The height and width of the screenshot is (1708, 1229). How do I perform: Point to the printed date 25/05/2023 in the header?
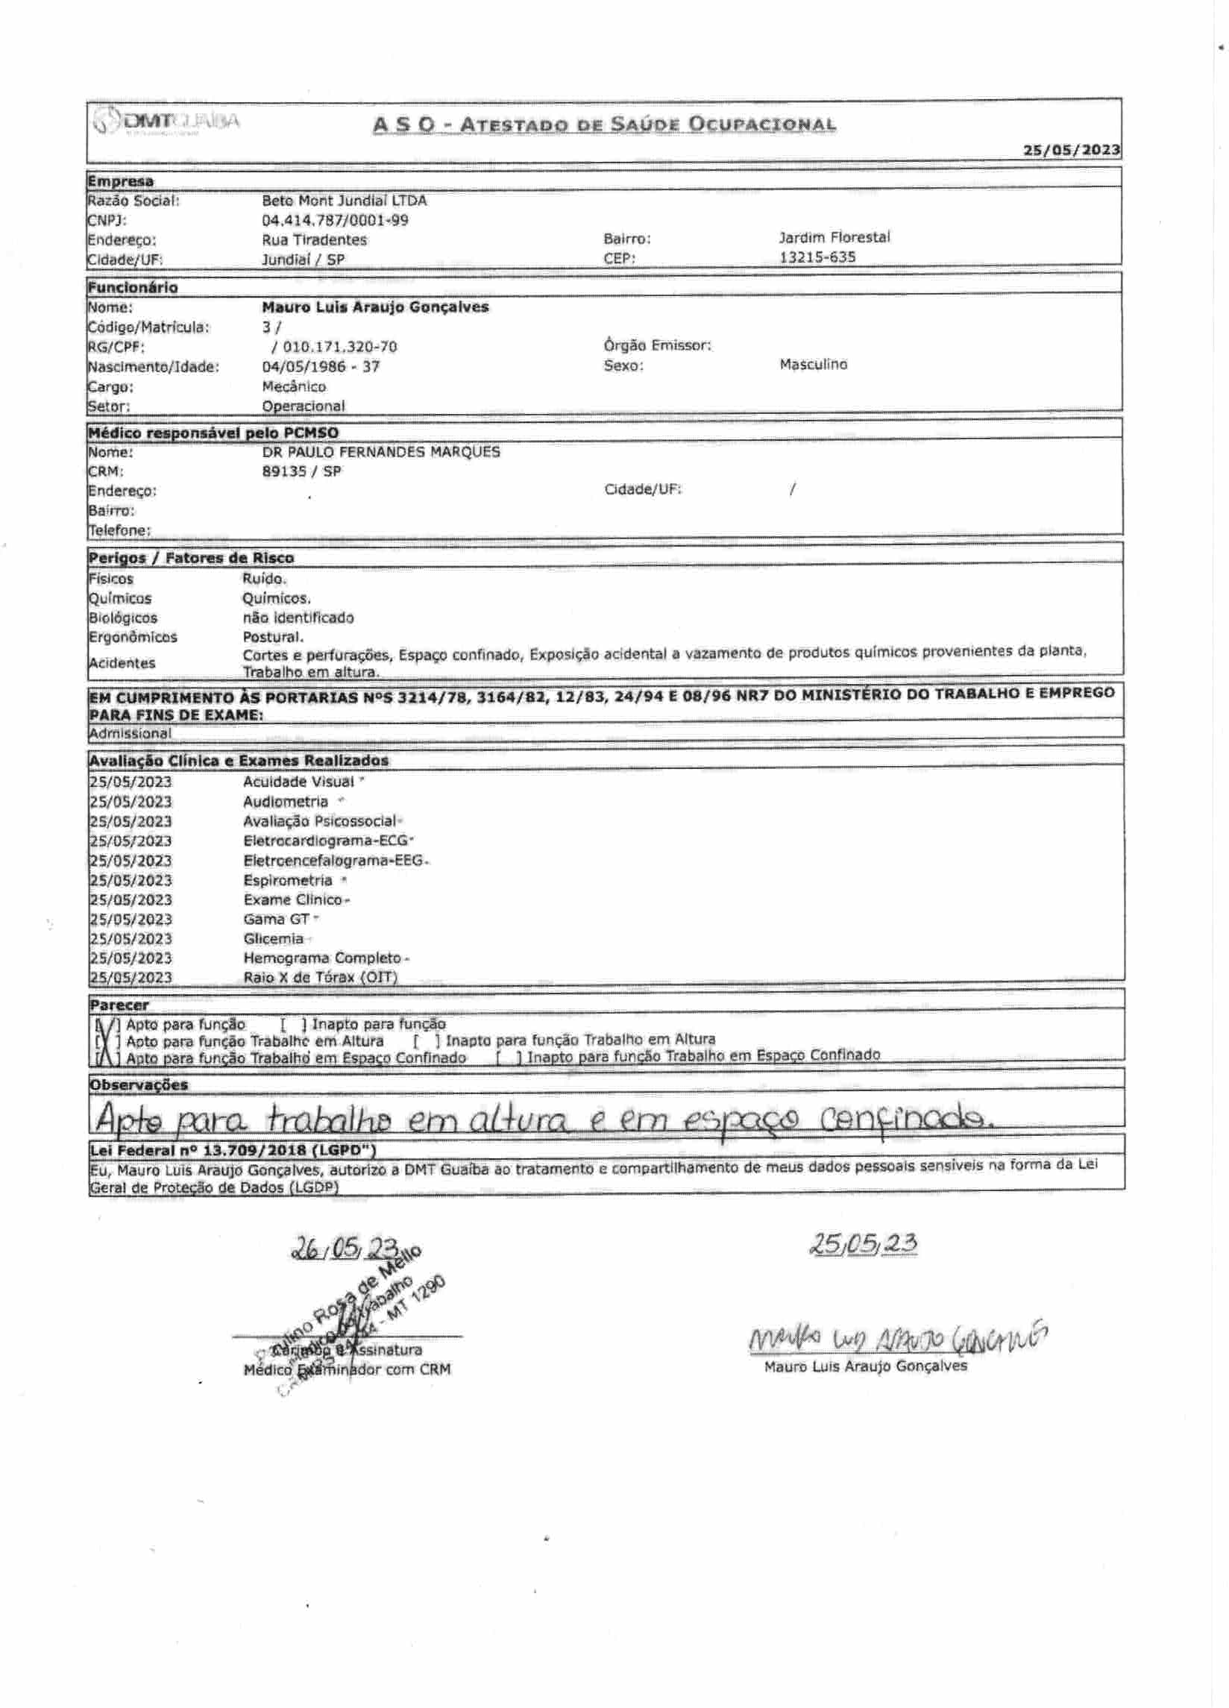pyautogui.click(x=1071, y=150)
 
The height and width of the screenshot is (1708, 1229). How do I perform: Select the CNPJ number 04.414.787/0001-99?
pyautogui.click(x=335, y=221)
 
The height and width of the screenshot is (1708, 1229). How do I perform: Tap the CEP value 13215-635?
pyautogui.click(x=817, y=257)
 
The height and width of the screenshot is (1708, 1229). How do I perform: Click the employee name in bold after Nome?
pyautogui.click(x=375, y=307)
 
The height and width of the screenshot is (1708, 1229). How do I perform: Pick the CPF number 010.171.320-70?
pyautogui.click(x=339, y=347)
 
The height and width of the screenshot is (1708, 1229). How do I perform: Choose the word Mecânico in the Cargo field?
pyautogui.click(x=294, y=387)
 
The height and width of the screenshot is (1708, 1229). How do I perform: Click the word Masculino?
pyautogui.click(x=814, y=365)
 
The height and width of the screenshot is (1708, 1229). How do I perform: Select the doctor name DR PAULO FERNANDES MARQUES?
pyautogui.click(x=380, y=453)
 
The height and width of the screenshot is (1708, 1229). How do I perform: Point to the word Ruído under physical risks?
pyautogui.click(x=264, y=579)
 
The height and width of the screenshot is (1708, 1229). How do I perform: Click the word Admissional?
pyautogui.click(x=130, y=733)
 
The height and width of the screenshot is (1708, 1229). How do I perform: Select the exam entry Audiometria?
pyautogui.click(x=286, y=802)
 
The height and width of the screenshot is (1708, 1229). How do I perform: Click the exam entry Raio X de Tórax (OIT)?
pyautogui.click(x=320, y=978)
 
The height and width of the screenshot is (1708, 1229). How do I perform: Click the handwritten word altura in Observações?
pyautogui.click(x=518, y=1121)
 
